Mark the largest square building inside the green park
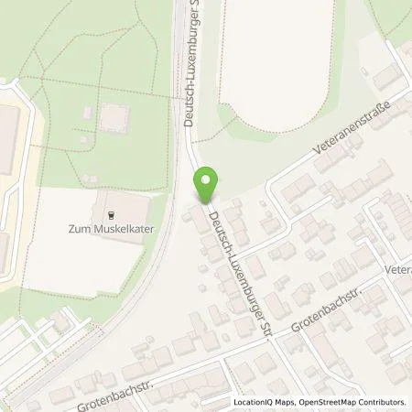point(113,117)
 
